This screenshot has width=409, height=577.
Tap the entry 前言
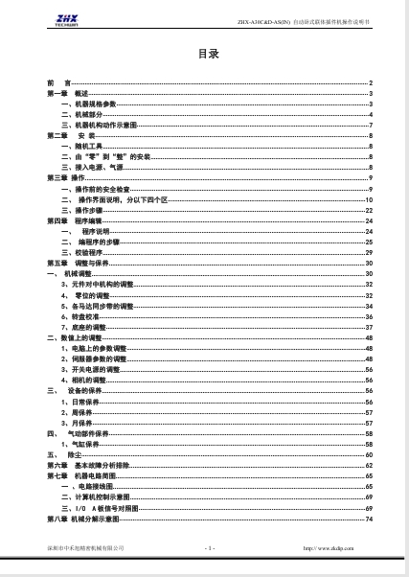pyautogui.click(x=58, y=84)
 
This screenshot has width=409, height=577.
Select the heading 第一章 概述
pyautogui.click(x=67, y=93)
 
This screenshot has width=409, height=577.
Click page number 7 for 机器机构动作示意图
pyautogui.click(x=371, y=125)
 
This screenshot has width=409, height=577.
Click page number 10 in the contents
pyautogui.click(x=369, y=198)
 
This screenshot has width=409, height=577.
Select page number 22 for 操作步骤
pyautogui.click(x=369, y=209)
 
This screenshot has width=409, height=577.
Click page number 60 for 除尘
pyautogui.click(x=369, y=454)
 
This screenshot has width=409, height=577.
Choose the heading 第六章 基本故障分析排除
pyautogui.click(x=85, y=465)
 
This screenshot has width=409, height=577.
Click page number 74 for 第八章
pyautogui.click(x=369, y=518)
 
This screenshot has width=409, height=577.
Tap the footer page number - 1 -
pyautogui.click(x=209, y=547)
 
